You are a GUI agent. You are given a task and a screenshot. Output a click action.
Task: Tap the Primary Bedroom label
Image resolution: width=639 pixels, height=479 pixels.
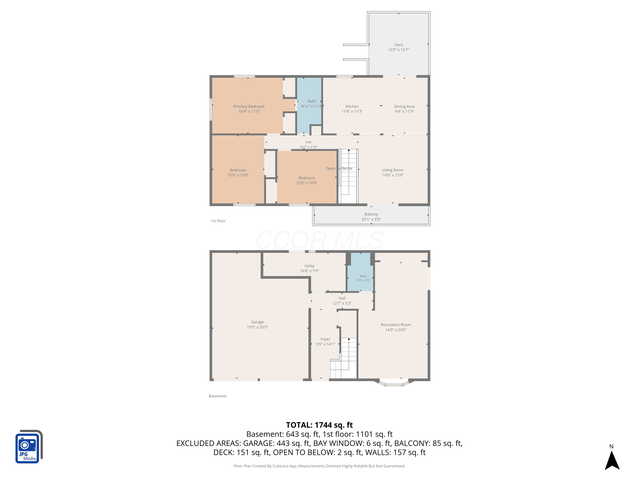(x=249, y=106)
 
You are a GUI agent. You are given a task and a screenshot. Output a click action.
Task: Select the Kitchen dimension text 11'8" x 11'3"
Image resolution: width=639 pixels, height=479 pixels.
(x=352, y=112)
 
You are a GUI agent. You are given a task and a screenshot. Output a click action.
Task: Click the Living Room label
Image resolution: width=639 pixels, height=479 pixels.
(x=393, y=170)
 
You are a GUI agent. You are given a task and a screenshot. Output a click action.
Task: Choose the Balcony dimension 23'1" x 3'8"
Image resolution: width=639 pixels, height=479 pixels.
(x=371, y=219)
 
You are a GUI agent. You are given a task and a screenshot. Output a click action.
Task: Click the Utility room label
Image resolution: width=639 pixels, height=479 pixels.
(x=309, y=266)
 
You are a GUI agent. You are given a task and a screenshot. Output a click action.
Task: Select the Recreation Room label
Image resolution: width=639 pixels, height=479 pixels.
(x=396, y=325)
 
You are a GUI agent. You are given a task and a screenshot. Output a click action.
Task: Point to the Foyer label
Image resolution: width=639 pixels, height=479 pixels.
(x=325, y=339)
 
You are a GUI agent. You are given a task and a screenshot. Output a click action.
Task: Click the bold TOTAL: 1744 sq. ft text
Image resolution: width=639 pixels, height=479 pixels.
(x=319, y=425)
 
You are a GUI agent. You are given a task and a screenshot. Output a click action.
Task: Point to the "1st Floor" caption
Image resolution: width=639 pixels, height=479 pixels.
(x=218, y=221)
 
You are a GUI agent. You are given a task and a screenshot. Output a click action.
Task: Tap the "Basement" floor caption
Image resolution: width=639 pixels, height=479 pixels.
(x=217, y=396)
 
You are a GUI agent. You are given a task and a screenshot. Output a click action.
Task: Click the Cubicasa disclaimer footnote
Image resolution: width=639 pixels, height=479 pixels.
(x=319, y=466)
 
